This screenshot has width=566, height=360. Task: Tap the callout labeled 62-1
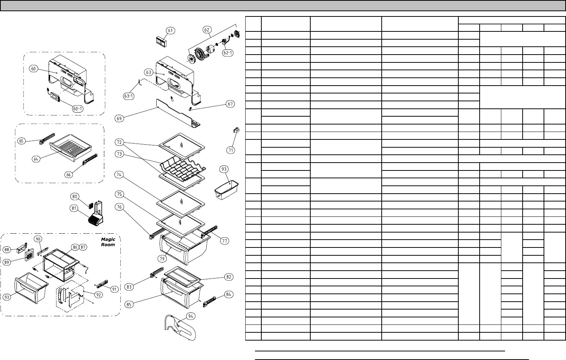[x=227, y=53]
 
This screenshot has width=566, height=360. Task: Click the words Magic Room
[x=108, y=241]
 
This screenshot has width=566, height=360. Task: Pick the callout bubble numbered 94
[x=190, y=316]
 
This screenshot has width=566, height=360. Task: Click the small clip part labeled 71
[x=236, y=130]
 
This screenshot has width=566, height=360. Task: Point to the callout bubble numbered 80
[x=75, y=196]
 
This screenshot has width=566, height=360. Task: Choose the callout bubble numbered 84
[x=229, y=294]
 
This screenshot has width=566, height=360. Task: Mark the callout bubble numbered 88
[x=7, y=249]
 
